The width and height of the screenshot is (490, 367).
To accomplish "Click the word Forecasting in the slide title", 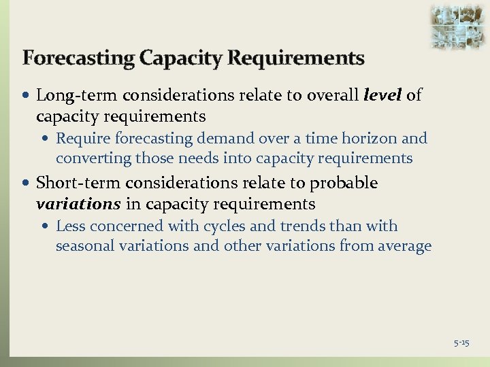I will [78, 58].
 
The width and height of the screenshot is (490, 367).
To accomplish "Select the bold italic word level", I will [382, 95].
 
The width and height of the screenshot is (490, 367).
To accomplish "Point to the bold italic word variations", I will [78, 204].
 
